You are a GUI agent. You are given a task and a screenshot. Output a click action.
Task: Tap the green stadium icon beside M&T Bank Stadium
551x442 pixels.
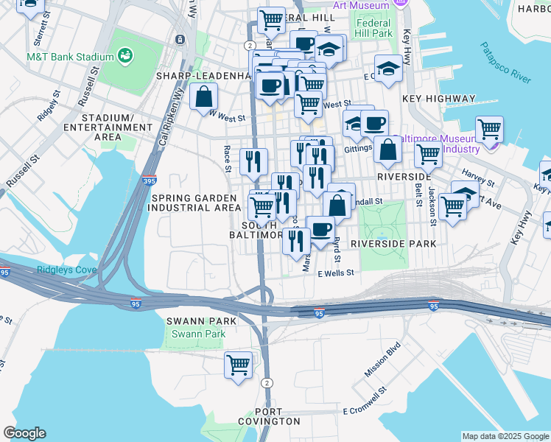(x=124, y=56)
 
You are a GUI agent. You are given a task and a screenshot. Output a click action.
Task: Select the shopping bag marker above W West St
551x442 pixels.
(x=203, y=97)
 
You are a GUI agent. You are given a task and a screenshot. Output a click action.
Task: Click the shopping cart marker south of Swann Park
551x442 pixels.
(x=238, y=365)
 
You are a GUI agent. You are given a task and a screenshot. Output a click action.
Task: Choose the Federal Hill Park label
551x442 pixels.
(x=373, y=28)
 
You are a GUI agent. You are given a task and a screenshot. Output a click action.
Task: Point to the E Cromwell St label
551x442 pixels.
(x=365, y=410)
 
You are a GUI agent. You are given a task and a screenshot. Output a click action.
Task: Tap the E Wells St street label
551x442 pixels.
(x=336, y=273)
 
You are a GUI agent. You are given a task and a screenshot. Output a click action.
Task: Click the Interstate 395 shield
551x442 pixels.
(x=150, y=180)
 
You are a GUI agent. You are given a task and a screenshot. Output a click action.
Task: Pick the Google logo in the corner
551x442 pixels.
(x=24, y=433)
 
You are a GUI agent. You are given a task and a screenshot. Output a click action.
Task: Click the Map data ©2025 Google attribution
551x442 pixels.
(x=505, y=436)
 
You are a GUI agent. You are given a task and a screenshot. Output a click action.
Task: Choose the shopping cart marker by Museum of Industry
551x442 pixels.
(x=489, y=130)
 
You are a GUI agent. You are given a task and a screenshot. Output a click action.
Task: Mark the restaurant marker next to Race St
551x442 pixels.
(x=253, y=161)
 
